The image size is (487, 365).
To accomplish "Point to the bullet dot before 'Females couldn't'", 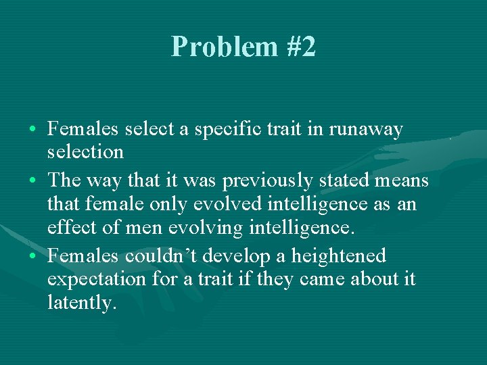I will pos(34,257).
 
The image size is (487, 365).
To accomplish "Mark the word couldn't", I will pos(157,256).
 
